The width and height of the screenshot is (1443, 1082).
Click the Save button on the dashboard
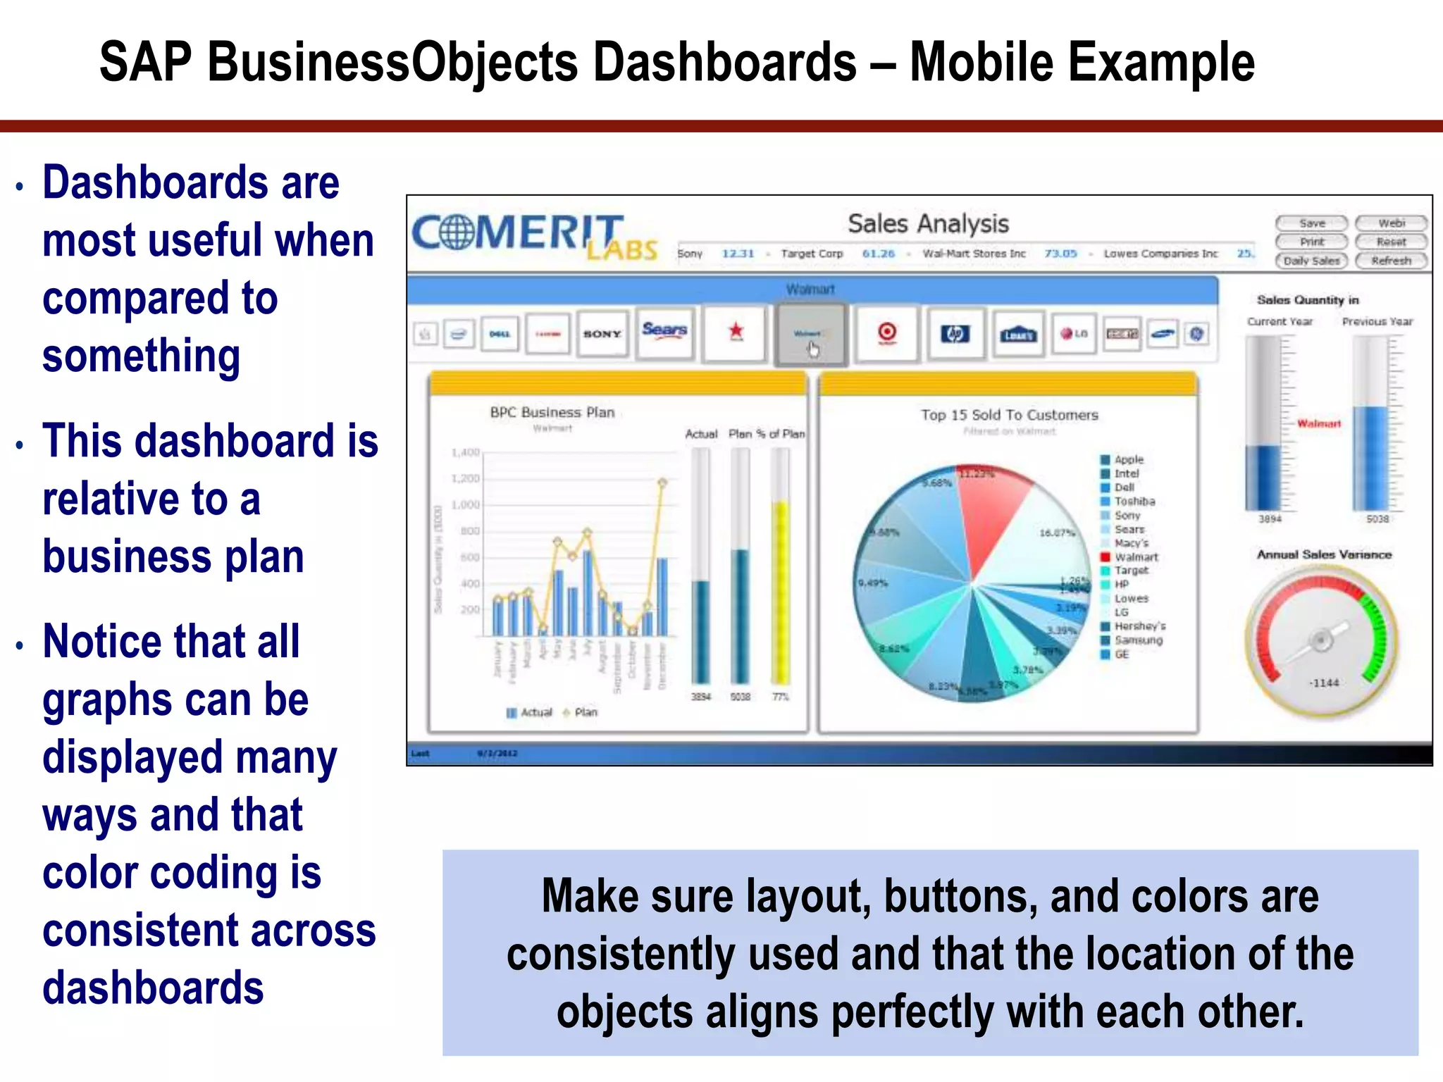(1311, 223)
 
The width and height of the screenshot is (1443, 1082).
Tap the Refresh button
(1391, 261)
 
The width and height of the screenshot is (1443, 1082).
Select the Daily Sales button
(1311, 261)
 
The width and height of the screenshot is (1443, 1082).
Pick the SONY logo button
(602, 334)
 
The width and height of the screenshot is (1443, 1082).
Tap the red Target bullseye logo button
(887, 332)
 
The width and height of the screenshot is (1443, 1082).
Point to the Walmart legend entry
(1135, 557)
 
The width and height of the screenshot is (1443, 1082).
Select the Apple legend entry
(1128, 459)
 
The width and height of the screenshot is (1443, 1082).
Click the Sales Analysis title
(928, 224)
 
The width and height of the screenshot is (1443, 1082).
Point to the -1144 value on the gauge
(1324, 683)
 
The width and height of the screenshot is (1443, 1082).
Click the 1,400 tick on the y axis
(466, 452)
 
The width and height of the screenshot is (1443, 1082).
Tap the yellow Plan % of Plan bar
(780, 592)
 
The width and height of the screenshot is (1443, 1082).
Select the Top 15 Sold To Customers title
(1009, 415)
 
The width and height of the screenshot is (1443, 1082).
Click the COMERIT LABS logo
(533, 235)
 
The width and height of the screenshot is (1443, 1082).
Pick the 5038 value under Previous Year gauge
(1377, 519)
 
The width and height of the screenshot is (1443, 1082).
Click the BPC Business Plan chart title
(552, 412)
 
